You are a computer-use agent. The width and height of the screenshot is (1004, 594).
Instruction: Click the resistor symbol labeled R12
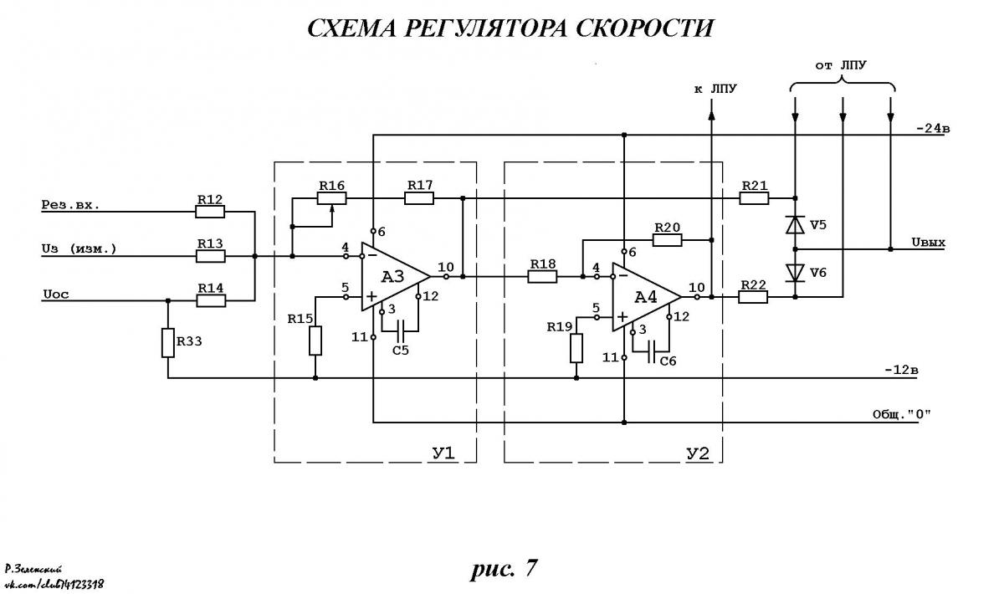coord(210,212)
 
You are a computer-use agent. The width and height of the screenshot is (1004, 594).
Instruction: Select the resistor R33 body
coord(167,343)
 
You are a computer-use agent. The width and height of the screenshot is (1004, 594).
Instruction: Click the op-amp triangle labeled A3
coord(395,277)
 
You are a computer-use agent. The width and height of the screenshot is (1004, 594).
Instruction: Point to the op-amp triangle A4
coord(646,297)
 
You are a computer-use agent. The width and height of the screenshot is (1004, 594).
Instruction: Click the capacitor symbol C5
coord(401,330)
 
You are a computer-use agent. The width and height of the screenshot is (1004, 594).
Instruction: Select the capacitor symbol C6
coord(652,351)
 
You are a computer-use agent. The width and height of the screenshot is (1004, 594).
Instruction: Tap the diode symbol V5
coord(795,224)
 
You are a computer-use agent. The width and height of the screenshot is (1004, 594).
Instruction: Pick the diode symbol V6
coord(795,273)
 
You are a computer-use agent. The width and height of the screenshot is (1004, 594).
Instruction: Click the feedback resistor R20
coord(667,240)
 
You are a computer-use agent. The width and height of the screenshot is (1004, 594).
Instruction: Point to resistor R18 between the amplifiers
coord(542,277)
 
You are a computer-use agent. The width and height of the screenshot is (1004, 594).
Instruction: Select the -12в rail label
coord(901,371)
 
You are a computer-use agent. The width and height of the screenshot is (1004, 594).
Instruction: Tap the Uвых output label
coord(928,243)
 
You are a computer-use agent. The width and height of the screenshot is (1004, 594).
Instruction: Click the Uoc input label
coord(56,294)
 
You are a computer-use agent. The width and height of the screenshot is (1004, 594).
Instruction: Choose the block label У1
coord(443,453)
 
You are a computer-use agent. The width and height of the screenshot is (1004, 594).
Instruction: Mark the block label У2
coord(698,454)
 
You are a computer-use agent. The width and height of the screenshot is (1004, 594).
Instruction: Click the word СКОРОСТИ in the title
coord(643,28)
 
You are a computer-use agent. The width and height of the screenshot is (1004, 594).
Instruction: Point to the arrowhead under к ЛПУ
coord(711,115)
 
